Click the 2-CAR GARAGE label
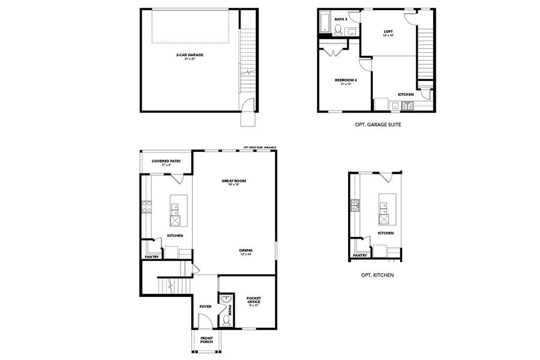click(190, 56)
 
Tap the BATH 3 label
click(341, 19)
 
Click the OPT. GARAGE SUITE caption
click(378, 125)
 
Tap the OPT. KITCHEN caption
click(377, 275)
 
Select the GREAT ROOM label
click(234, 182)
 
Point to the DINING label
click(245, 251)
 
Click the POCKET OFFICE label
click(254, 300)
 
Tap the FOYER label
click(206, 306)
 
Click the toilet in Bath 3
click(338, 29)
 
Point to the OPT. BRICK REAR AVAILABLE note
click(260, 148)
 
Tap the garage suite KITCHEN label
click(406, 95)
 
